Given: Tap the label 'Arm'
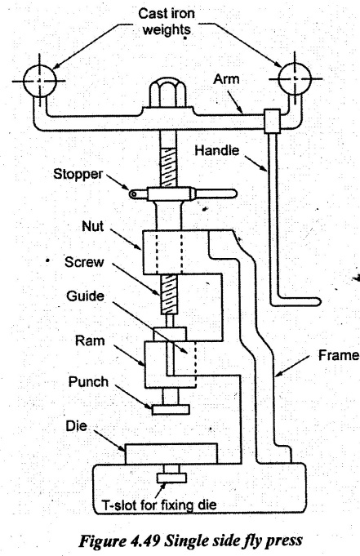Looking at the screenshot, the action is click(226, 79).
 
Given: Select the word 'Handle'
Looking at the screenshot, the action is click(216, 150).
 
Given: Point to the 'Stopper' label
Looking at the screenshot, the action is click(78, 174).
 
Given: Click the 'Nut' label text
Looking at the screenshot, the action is click(92, 226).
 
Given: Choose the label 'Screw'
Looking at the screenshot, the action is click(84, 262).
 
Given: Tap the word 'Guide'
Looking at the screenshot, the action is click(85, 296).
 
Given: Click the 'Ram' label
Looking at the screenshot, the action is click(90, 340).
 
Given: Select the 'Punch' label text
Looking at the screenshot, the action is click(88, 382).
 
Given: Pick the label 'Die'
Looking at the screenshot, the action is click(76, 426).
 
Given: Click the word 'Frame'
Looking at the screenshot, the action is click(338, 355).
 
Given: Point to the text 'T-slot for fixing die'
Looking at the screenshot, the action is click(159, 505).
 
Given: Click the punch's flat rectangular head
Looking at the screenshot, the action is click(171, 410).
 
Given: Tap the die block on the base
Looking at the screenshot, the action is click(171, 453).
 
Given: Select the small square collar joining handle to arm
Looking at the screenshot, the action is click(272, 122).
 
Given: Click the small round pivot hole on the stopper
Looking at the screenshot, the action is click(133, 194).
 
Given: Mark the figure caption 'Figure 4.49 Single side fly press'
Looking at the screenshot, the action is click(190, 540).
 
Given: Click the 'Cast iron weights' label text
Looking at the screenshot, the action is click(167, 21).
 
